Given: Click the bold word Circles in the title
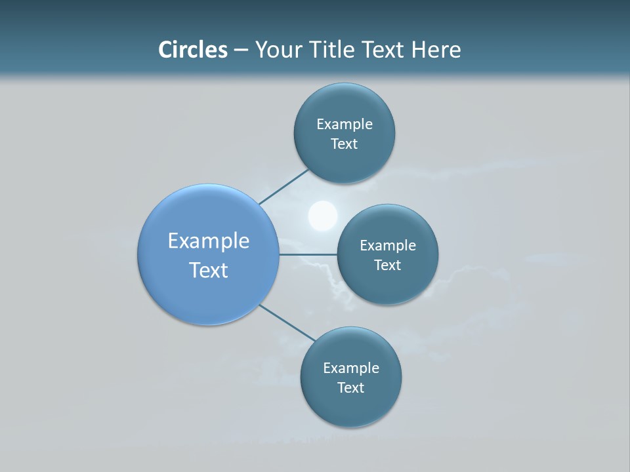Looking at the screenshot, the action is pos(192,50).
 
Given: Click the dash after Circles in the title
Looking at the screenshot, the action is pos(240,50).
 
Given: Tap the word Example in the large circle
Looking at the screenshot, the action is pos(209,241).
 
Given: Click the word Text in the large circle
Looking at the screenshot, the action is pos(209,270).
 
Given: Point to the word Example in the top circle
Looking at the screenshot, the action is pos(345,124).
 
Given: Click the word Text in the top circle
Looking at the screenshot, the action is pos(344,144).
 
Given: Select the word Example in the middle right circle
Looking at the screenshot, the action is pos(388,245).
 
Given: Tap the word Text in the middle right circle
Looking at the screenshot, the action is pos(387,265).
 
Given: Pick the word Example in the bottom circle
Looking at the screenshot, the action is pos(351,368).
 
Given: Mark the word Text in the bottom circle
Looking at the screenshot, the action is pos(350,388).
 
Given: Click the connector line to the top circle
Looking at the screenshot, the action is pos(283,187).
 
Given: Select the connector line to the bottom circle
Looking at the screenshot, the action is pos(287,323).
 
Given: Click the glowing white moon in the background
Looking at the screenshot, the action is pos(323,216).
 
